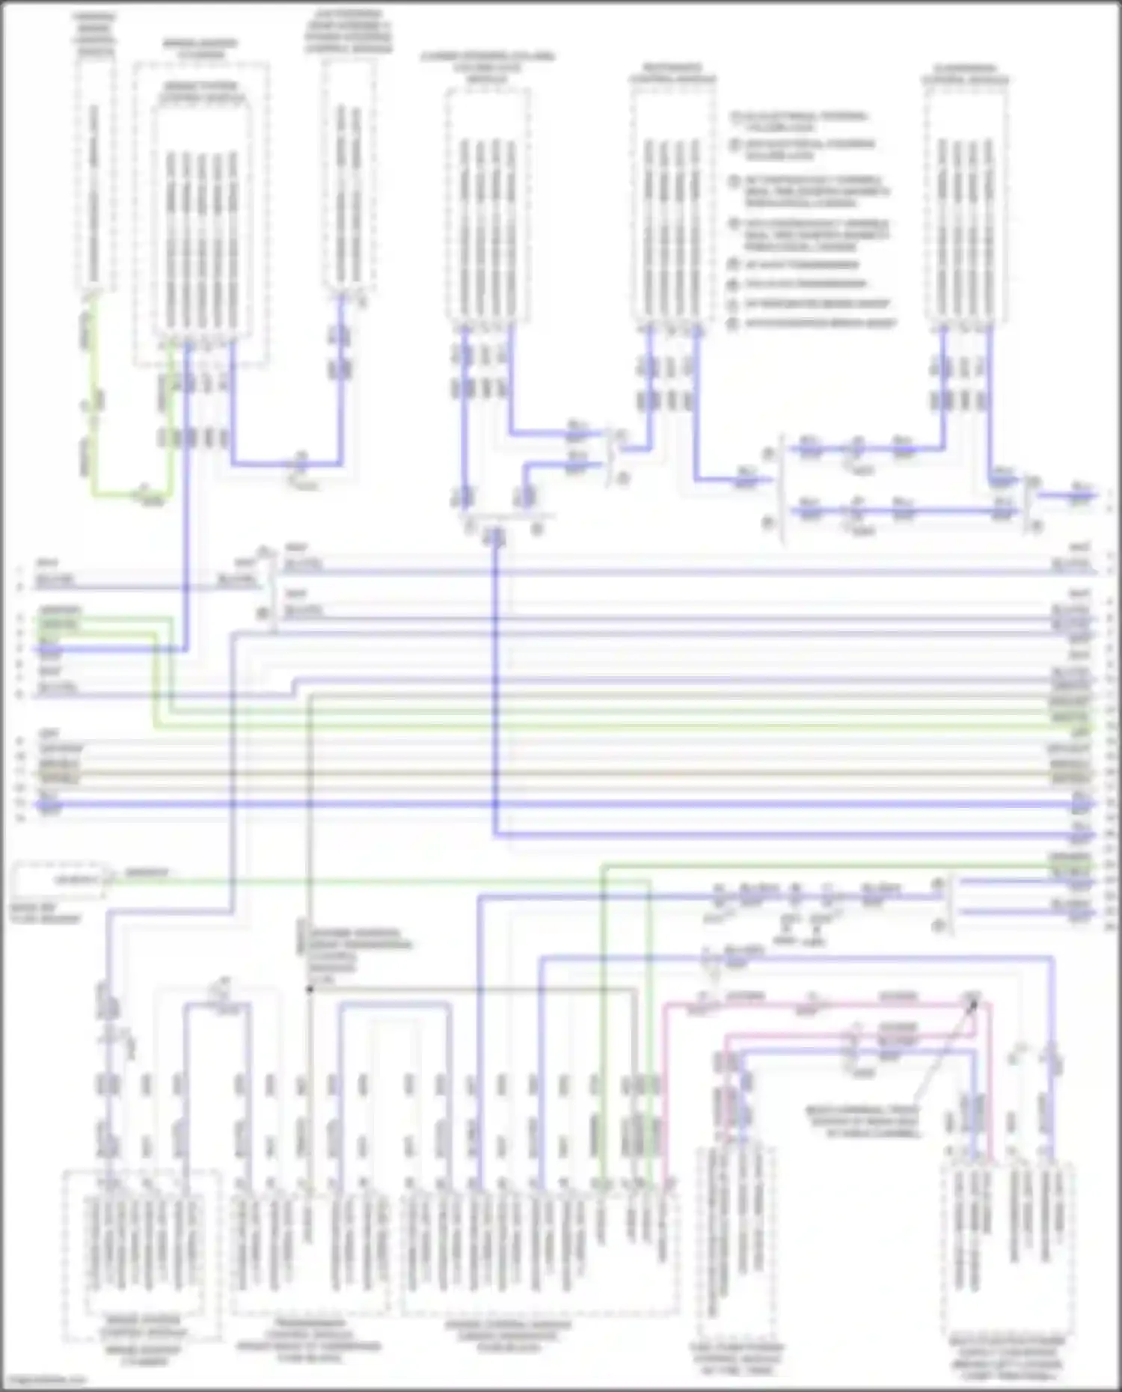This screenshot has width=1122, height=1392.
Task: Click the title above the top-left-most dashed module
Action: point(95,34)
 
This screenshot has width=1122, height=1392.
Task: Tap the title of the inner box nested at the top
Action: point(200,91)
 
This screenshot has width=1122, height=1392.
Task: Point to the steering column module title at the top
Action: point(488,67)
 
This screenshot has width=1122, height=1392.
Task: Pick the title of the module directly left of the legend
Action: point(671,73)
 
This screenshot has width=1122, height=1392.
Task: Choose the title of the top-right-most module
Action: point(965,73)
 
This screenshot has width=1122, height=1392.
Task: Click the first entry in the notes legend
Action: point(800,121)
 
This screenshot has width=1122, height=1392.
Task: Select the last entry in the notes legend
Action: point(815,323)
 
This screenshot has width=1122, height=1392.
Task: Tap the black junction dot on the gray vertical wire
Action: point(309,989)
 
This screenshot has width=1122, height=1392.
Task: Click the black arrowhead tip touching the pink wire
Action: point(974,1002)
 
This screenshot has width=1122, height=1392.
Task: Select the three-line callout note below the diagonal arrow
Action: point(862,1122)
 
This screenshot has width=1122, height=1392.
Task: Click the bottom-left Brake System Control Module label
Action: point(142,1328)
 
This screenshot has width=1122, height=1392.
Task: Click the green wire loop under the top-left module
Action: point(131,494)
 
